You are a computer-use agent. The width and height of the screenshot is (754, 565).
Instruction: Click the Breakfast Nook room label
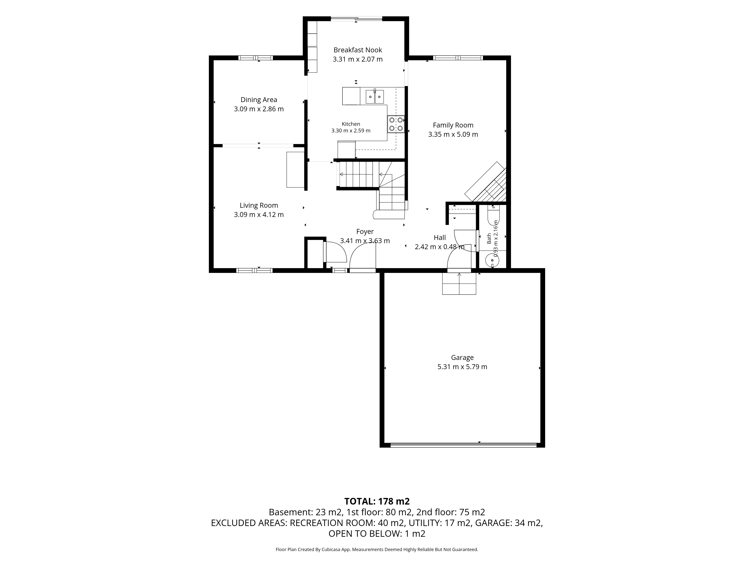(x=358, y=50)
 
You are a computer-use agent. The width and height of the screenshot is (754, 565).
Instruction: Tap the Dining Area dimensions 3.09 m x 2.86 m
(x=259, y=109)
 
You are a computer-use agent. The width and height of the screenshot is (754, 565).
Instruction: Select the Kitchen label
(x=351, y=124)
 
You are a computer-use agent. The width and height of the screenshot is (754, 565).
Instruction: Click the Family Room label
(x=453, y=125)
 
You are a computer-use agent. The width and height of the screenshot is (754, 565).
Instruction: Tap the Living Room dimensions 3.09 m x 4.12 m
(x=259, y=215)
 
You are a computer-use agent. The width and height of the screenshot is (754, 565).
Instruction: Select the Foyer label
(x=365, y=232)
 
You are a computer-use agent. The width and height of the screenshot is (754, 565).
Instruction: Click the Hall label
(x=440, y=238)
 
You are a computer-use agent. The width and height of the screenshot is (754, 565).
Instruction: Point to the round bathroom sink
(x=492, y=260)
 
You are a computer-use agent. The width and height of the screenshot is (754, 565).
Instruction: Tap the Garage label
(x=462, y=358)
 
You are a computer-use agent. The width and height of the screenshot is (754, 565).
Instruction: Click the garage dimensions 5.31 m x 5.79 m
(x=462, y=367)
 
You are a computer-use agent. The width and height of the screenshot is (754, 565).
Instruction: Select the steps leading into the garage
(x=459, y=283)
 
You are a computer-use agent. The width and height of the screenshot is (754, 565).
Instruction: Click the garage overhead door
(x=464, y=445)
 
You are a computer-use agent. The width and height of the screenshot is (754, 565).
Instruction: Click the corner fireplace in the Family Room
(x=486, y=182)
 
